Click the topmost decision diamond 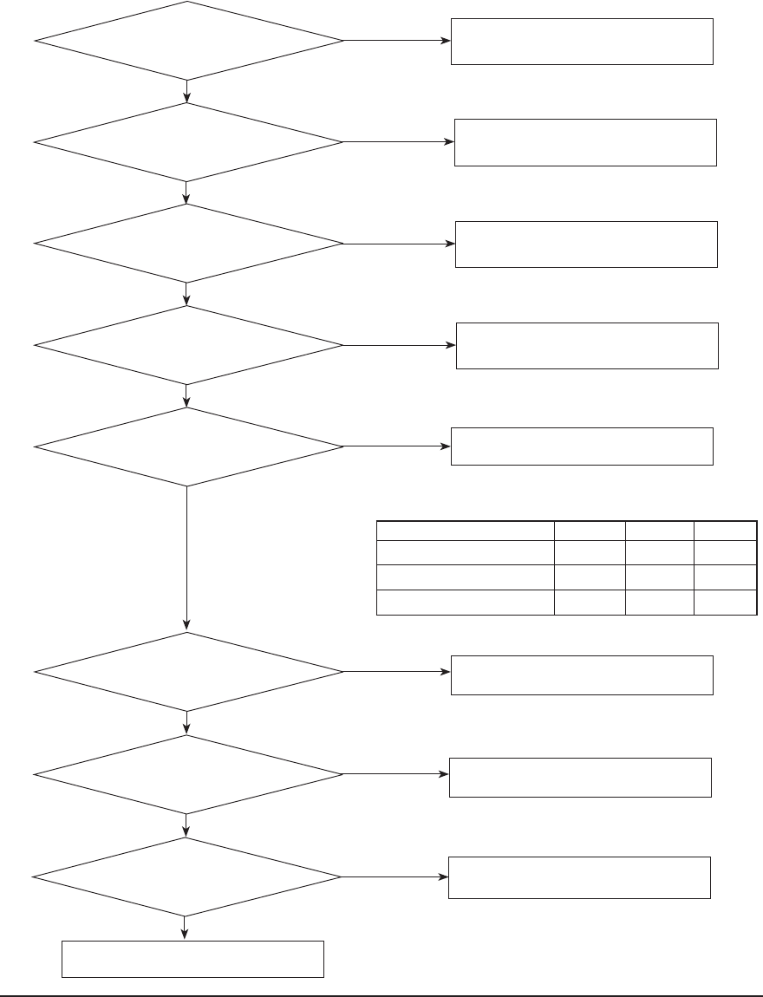click(187, 41)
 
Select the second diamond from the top click(187, 142)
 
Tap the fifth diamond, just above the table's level click(187, 447)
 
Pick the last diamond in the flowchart click(187, 876)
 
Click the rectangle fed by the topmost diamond click(582, 41)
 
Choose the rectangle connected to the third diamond click(587, 244)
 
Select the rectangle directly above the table click(582, 446)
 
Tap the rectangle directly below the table click(582, 674)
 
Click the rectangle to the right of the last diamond click(579, 877)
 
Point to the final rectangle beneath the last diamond click(192, 959)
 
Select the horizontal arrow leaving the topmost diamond click(397, 41)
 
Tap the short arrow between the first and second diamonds click(187, 91)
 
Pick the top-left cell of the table click(465, 531)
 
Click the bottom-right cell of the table click(726, 603)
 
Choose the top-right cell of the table click(726, 531)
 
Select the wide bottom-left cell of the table click(465, 603)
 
